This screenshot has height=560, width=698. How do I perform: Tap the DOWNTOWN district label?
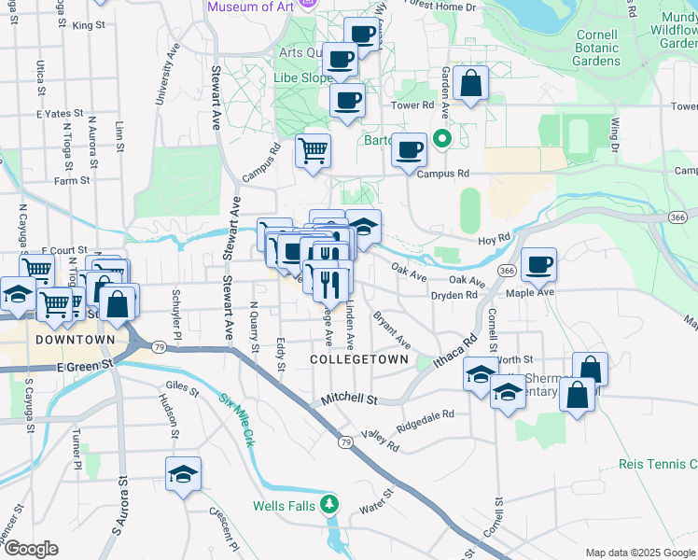75,341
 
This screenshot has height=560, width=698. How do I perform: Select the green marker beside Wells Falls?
328,505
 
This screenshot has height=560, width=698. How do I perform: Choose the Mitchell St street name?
348,399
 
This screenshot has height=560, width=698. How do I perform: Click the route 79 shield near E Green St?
160,347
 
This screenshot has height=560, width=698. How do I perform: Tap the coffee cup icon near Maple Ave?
539,264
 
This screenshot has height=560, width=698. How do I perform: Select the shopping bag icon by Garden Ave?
472,82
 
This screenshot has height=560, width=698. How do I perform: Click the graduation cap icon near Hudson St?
184,473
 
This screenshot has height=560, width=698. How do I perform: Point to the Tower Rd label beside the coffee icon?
412,105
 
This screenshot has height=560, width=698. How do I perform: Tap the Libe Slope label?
302,77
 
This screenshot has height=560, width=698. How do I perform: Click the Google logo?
30,548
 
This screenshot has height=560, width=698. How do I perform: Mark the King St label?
89,25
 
